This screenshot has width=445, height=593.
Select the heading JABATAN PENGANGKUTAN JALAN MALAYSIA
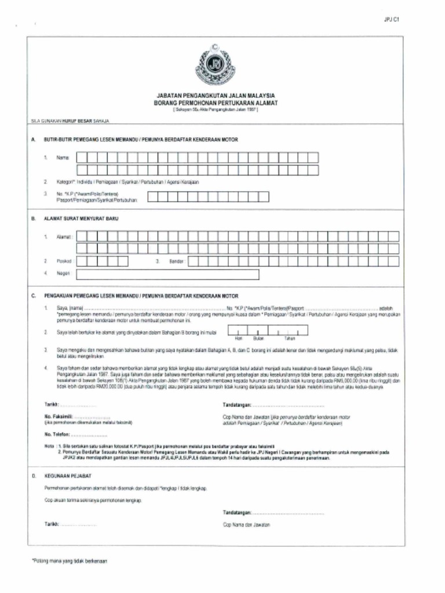point(216,96)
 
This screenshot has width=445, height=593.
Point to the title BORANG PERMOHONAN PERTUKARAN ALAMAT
point(216,103)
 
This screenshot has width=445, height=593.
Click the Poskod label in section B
point(64,262)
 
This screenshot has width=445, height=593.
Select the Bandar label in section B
point(176,262)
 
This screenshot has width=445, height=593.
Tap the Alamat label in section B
point(64,237)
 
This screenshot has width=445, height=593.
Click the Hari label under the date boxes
point(238,338)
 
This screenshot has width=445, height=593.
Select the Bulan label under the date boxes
point(259,338)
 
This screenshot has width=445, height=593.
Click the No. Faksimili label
point(57,416)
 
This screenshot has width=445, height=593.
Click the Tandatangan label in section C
point(236,404)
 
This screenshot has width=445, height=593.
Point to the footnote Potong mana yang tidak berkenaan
point(70,561)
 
